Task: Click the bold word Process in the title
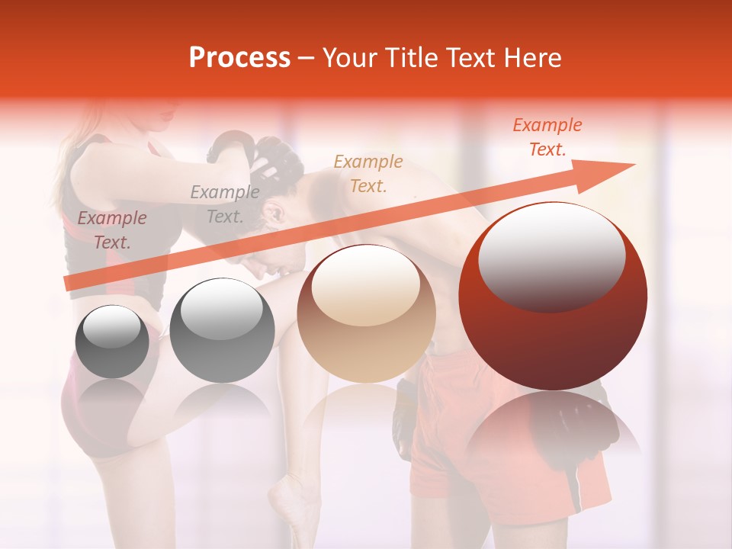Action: [239, 58]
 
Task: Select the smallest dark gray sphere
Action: [112, 341]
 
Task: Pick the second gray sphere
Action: [222, 330]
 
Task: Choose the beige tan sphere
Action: [366, 313]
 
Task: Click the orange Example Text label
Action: [547, 137]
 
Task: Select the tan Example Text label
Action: [368, 173]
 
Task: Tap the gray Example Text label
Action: [225, 204]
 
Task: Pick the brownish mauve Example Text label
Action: [112, 230]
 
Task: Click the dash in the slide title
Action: [306, 58]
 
